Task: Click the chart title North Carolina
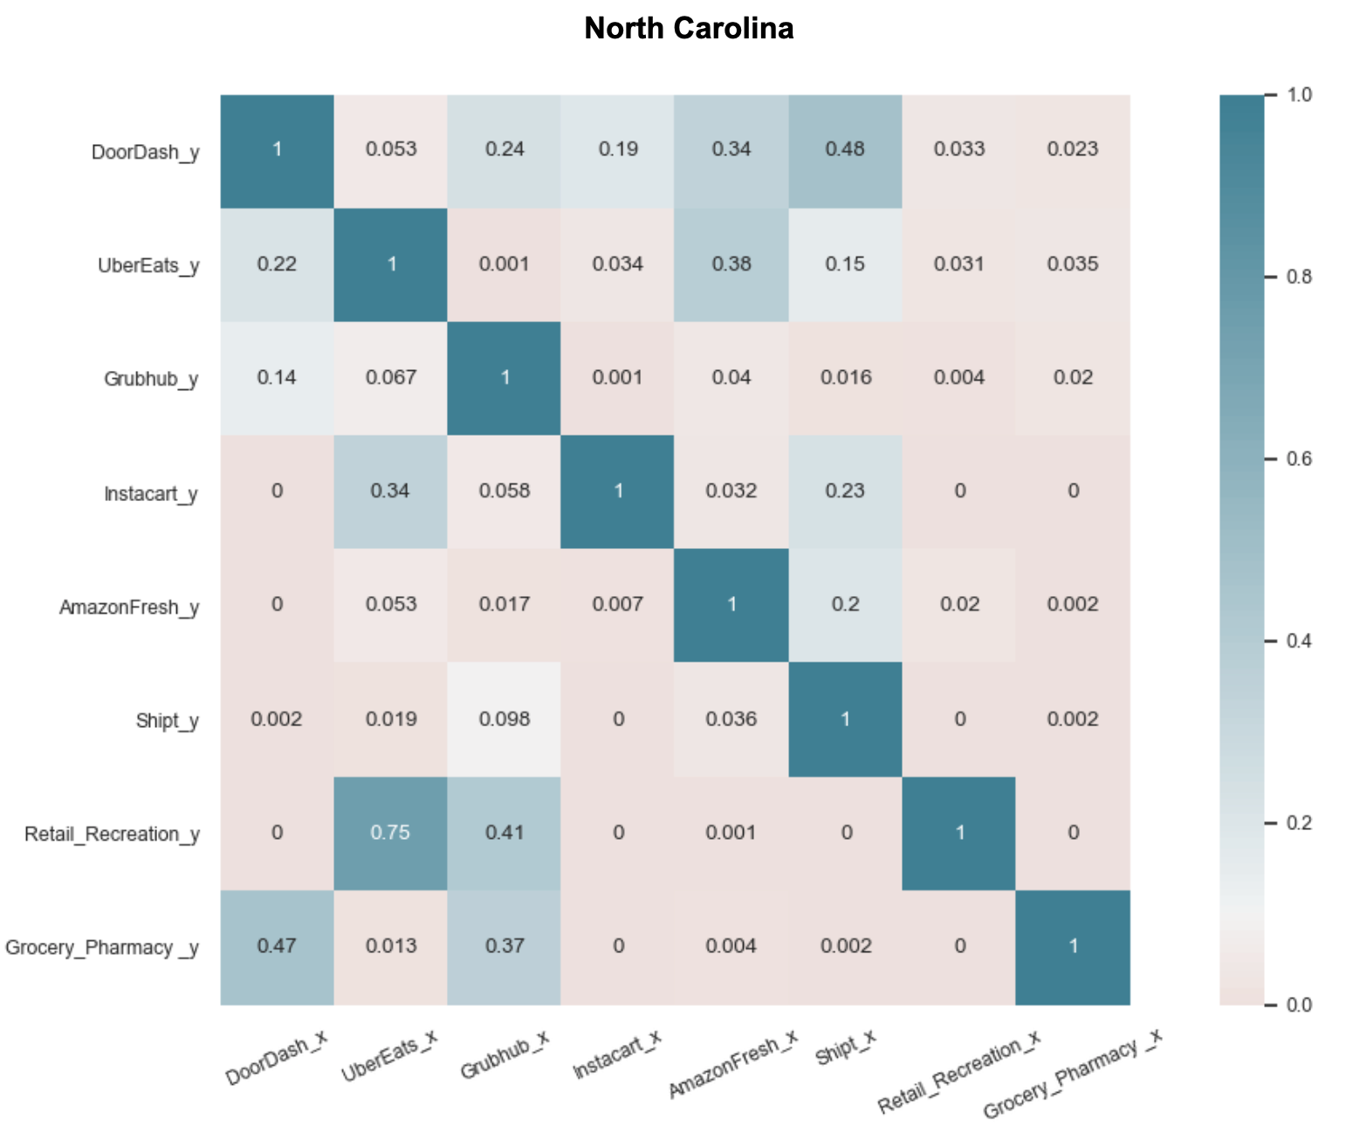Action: click(x=689, y=29)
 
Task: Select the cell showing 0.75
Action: click(x=390, y=833)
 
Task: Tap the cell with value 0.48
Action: click(x=845, y=150)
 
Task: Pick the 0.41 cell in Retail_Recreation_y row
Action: click(x=505, y=833)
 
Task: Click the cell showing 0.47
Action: click(x=277, y=947)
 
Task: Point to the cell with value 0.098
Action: click(x=505, y=719)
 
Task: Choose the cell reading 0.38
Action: click(x=731, y=264)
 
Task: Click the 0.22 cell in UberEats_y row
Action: click(x=277, y=264)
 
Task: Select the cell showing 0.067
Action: click(x=390, y=378)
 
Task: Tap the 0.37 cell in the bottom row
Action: click(x=505, y=947)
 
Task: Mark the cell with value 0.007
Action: click(x=618, y=605)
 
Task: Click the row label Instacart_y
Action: click(x=151, y=494)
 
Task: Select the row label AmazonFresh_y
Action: click(x=129, y=608)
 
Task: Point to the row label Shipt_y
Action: click(x=168, y=721)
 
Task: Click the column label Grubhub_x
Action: click(x=505, y=1054)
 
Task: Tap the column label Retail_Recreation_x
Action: click(x=958, y=1071)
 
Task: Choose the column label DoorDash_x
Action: click(x=276, y=1058)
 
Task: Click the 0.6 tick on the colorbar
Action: click(x=1300, y=459)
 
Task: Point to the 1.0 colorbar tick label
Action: click(x=1300, y=94)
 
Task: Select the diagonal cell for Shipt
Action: click(x=845, y=719)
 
